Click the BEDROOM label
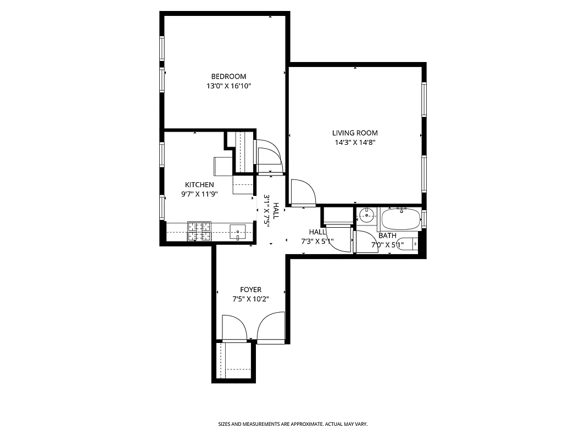click(x=228, y=76)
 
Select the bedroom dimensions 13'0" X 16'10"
click(x=228, y=86)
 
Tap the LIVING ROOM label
click(x=355, y=133)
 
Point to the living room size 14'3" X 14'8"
click(x=355, y=143)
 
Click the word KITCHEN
click(x=199, y=185)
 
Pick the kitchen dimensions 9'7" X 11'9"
click(x=199, y=194)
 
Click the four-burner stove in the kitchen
click(x=199, y=231)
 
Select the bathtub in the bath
click(x=400, y=220)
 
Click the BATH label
click(x=387, y=235)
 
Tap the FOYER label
click(x=250, y=290)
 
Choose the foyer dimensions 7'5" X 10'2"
click(x=250, y=299)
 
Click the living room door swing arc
click(x=304, y=192)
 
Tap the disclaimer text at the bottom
click(x=293, y=424)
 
